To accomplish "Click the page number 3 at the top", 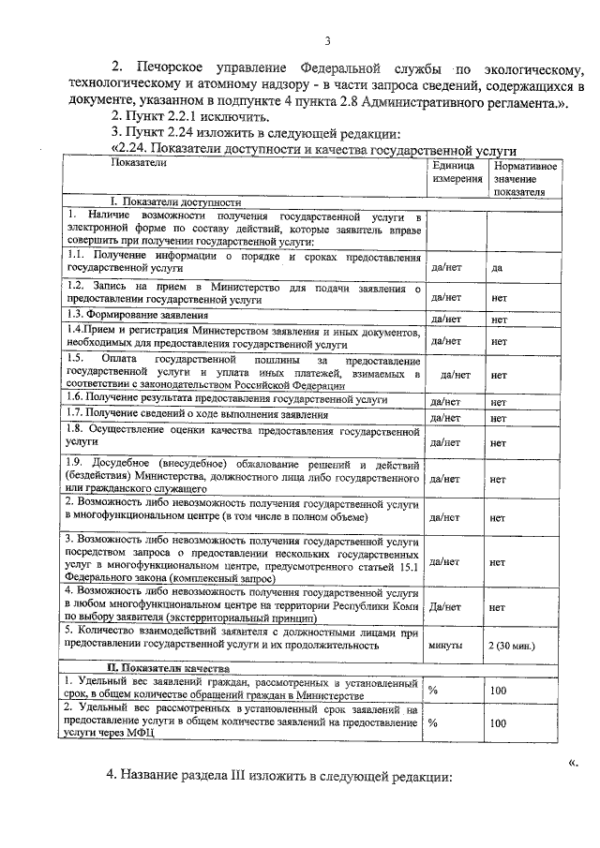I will pyautogui.click(x=327, y=40).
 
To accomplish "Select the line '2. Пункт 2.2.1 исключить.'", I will pyautogui.click(x=190, y=116).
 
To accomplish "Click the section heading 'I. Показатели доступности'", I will pyautogui.click(x=176, y=201).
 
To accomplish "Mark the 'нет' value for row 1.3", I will pyautogui.click(x=499, y=319).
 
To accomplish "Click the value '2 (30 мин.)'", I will pyautogui.click(x=513, y=646).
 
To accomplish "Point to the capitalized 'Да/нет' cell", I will pyautogui.click(x=445, y=606).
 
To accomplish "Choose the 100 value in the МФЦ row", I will pyautogui.click(x=497, y=723).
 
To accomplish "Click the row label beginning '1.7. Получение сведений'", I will pyautogui.click(x=197, y=414).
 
